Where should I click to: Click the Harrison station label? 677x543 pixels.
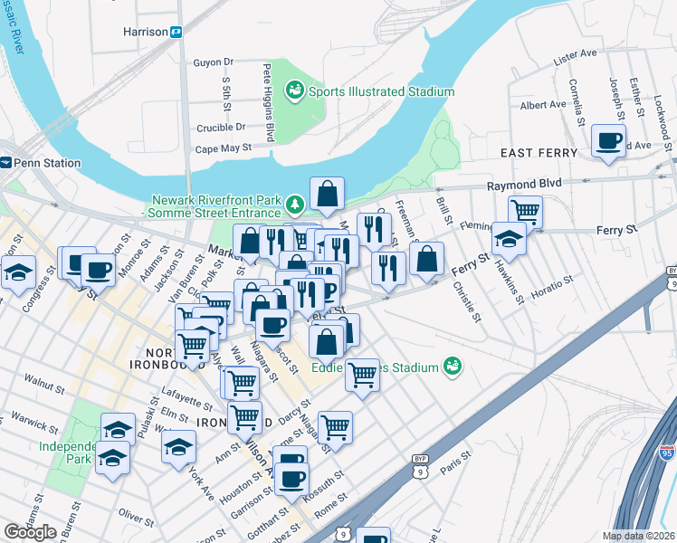click(145, 32)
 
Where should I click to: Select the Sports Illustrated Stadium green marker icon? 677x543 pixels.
click(293, 90)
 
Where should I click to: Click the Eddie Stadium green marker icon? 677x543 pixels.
click(453, 367)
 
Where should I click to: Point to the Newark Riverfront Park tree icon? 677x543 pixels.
click(294, 201)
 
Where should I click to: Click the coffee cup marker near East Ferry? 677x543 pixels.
click(608, 141)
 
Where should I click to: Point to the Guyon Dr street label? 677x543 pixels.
click(214, 62)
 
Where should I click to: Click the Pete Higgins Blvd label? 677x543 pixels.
click(269, 102)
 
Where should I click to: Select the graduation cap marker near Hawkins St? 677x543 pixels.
click(510, 238)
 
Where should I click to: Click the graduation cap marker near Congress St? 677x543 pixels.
click(18, 271)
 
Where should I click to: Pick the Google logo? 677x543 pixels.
click(30, 532)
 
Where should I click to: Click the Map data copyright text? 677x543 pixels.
click(638, 536)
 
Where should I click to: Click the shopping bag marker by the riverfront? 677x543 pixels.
click(327, 193)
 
